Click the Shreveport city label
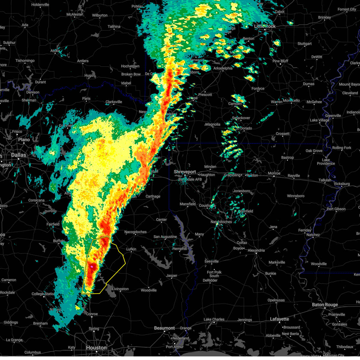point(185,172)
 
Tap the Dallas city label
point(19,155)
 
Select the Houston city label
point(96,348)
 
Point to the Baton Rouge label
point(325,304)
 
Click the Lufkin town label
point(131,249)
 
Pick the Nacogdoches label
point(136,232)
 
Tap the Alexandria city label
point(256,250)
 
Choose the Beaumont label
point(164,328)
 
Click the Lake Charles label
point(214,319)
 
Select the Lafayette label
point(279,319)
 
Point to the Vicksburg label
point(341,184)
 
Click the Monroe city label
point(274,173)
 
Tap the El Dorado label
point(244,128)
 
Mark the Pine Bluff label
point(280,61)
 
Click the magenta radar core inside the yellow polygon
point(92,266)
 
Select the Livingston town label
point(120,289)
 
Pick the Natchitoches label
point(221,222)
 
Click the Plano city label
point(24,139)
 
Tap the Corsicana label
point(36,200)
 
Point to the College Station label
point(43,294)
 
